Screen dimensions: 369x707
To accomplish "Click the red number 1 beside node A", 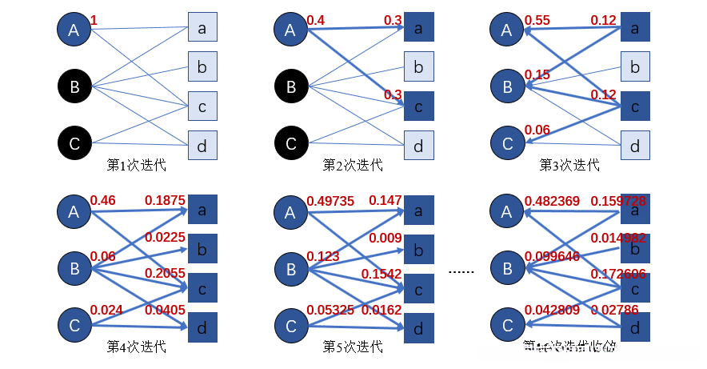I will pos(94,21).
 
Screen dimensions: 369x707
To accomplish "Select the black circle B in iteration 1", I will pos(74,86).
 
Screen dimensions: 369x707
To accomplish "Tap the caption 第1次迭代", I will pos(137,165).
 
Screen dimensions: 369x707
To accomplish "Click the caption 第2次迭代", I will pos(353,165).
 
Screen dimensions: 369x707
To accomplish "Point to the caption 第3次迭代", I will pos(569,165).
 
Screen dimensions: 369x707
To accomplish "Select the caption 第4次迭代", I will pos(137,347).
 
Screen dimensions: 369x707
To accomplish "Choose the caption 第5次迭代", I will pos(353,347).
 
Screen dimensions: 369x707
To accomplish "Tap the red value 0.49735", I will pos(330,200).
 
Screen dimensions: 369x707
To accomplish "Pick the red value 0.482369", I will pos(550,200).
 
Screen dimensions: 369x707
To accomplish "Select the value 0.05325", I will pos(330,310).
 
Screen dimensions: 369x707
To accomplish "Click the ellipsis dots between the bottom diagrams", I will pos(461,272).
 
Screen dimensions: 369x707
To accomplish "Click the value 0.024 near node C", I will pos(106,310).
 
